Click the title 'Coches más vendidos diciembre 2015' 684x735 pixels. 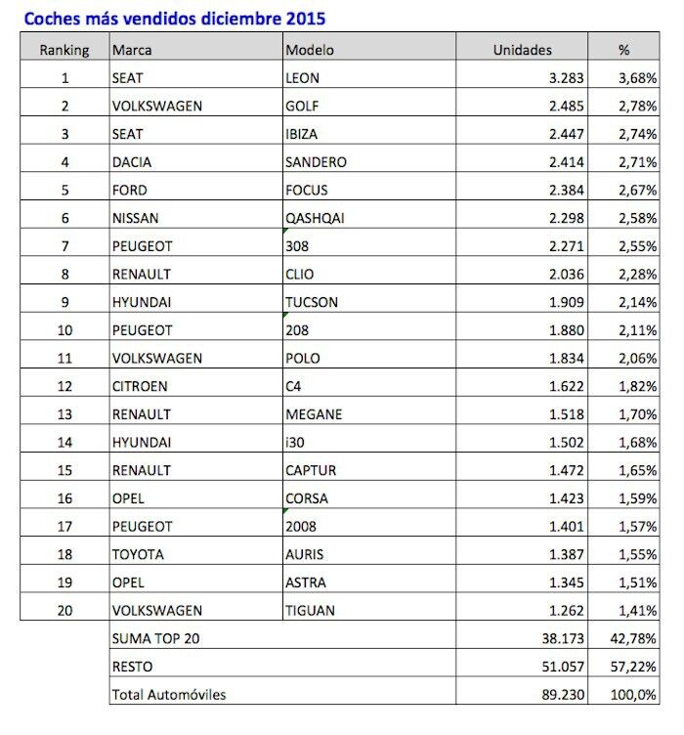pyautogui.click(x=175, y=18)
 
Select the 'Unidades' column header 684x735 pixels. pyautogui.click(x=522, y=49)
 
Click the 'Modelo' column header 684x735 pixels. pyautogui.click(x=309, y=49)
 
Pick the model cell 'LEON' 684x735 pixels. pyautogui.click(x=303, y=77)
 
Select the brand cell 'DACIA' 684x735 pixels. pyautogui.click(x=133, y=161)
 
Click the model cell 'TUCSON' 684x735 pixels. pyautogui.click(x=312, y=302)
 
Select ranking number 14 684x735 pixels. pyautogui.click(x=64, y=443)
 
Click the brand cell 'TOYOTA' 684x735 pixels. pyautogui.click(x=139, y=554)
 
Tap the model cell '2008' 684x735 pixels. pyautogui.click(x=302, y=527)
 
